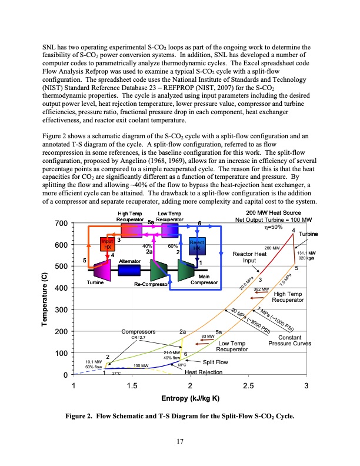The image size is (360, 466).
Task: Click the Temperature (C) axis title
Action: pos(44,299)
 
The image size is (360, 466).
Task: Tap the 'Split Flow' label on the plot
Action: pos(216,362)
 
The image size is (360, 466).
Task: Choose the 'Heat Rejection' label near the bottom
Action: pos(204,372)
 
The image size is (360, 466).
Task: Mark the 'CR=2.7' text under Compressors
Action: pos(139,338)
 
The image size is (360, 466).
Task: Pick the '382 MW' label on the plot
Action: pos(261,289)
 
